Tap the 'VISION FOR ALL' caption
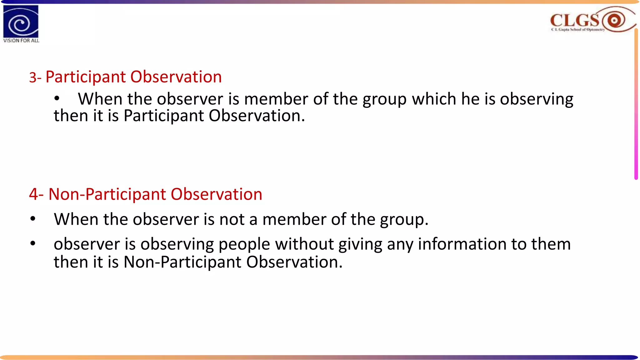[21, 41]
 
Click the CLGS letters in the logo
[574, 20]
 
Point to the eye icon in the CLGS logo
[614, 21]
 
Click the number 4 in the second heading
[34, 194]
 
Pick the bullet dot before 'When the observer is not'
[33, 219]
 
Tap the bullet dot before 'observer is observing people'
[33, 244]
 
